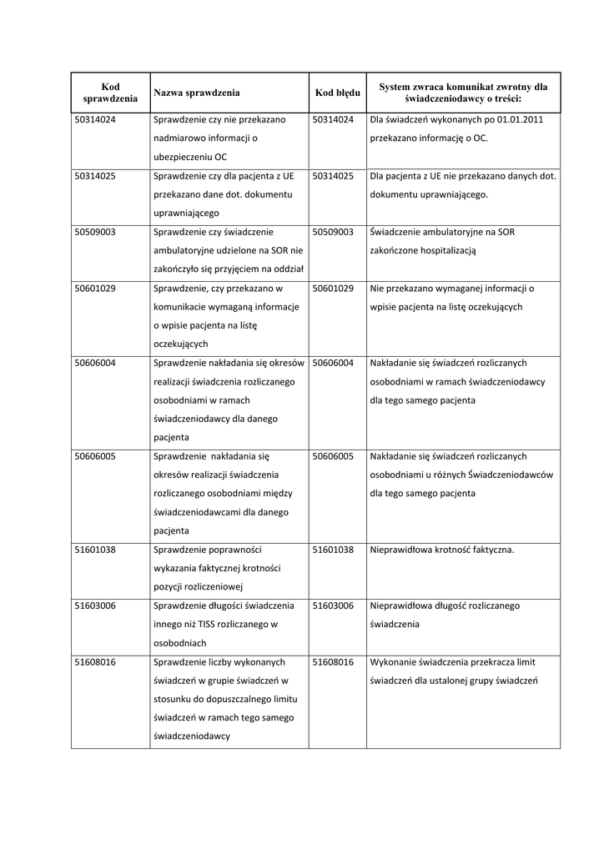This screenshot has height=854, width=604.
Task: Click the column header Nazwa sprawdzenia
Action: [x=197, y=93]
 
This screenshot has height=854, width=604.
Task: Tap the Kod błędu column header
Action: [x=338, y=93]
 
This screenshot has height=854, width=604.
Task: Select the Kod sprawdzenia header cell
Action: [x=110, y=93]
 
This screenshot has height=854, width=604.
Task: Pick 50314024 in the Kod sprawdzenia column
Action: [x=95, y=120]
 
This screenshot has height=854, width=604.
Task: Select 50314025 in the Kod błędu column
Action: [x=334, y=176]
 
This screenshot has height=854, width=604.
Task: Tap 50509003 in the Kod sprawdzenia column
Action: [x=95, y=232]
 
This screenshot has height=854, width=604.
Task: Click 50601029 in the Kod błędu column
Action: [x=334, y=289]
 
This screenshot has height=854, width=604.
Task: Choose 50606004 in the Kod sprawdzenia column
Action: [x=95, y=363]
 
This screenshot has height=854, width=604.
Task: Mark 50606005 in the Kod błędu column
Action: [x=334, y=456]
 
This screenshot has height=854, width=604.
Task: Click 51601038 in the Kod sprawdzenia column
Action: [x=95, y=550]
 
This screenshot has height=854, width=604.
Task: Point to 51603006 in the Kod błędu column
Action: [x=334, y=605]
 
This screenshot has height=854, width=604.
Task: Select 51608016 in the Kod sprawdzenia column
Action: [x=95, y=662]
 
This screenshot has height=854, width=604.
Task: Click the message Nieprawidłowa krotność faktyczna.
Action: [x=442, y=550]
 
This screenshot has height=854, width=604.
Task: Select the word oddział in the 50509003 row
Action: [x=287, y=269]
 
